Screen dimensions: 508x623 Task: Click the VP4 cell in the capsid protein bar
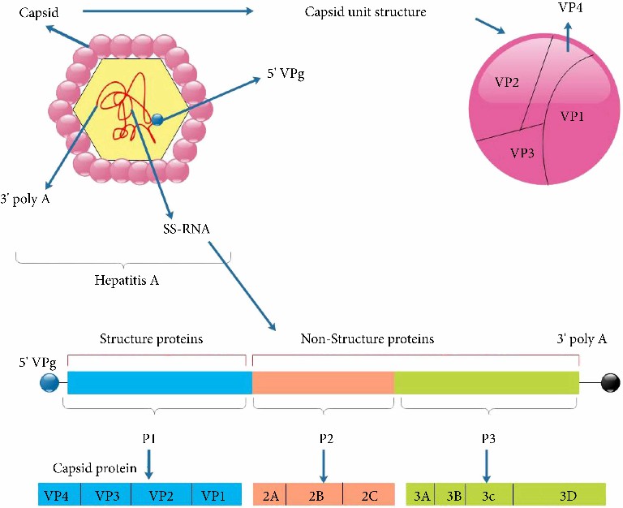tap(56, 494)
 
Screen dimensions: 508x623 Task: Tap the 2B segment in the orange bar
tap(316, 494)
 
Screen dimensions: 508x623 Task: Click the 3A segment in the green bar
tap(421, 494)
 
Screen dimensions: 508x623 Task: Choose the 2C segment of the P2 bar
tap(368, 494)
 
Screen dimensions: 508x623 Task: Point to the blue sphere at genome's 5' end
tap(50, 382)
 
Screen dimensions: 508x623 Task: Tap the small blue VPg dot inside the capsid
tap(157, 120)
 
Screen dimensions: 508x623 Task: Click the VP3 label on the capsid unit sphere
tap(522, 152)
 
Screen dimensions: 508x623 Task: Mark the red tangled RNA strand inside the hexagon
tap(122, 101)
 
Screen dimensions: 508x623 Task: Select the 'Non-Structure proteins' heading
tap(367, 338)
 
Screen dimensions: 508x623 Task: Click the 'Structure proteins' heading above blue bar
tap(151, 338)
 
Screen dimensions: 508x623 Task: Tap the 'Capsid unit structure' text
tap(365, 12)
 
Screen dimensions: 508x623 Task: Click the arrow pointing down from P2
tap(324, 466)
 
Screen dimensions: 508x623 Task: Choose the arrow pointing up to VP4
tap(568, 37)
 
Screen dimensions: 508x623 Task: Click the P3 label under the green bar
tap(487, 438)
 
